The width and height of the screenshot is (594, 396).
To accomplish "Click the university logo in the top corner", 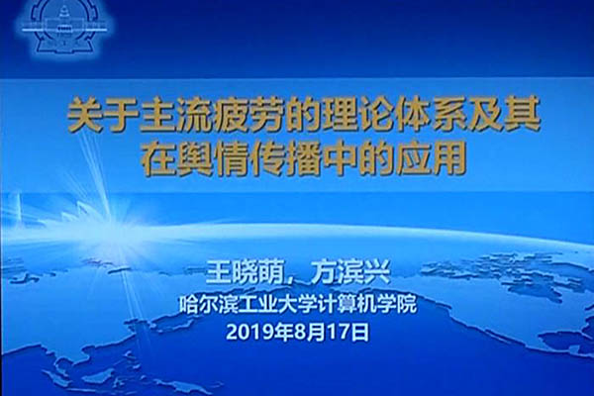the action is (63, 27).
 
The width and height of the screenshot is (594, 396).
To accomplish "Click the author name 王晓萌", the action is (246, 272).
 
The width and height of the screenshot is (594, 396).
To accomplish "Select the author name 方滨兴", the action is (349, 272).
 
